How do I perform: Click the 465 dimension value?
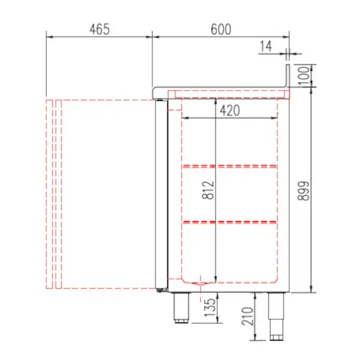click(100, 29)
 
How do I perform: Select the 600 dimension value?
click(221, 29)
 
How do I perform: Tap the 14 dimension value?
click(266, 46)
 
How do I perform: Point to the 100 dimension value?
click(305, 76)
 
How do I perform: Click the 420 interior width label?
click(230, 110)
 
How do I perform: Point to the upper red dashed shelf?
click(230, 166)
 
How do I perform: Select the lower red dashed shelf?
click(230, 223)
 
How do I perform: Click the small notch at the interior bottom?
click(200, 281)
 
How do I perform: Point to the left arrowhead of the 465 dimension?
click(49, 37)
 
